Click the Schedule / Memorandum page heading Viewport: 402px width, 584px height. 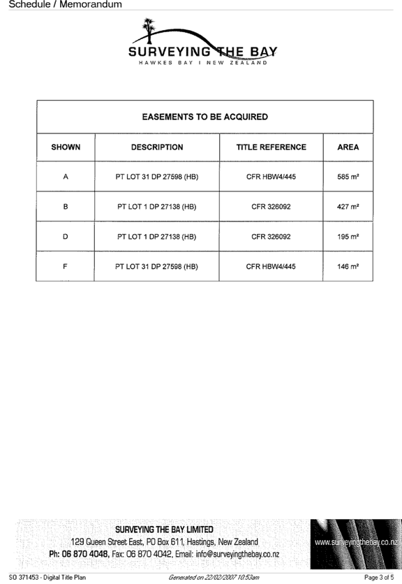coord(65,4)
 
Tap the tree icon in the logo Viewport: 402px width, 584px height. coord(149,30)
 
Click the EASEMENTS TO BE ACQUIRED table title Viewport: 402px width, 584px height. coord(204,117)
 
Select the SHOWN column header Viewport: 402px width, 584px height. coord(66,147)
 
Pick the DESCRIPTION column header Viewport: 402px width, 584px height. coord(157,147)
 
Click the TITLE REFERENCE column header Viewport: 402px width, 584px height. coord(271,147)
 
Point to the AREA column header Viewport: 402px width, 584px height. coord(348,147)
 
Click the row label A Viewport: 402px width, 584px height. coord(66,177)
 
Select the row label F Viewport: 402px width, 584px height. coord(65,266)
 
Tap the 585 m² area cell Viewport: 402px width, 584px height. coord(348,177)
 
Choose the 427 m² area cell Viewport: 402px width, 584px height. coord(348,206)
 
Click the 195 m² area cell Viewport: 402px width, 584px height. coord(348,237)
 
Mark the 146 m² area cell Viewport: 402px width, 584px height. coord(348,266)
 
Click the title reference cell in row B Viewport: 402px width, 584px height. coord(271,207)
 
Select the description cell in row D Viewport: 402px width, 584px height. coord(157,237)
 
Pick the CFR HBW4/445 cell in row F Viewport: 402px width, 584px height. coord(271,266)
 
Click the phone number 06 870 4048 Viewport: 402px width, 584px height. coord(85,554)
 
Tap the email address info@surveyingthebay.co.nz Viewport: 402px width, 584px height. coord(237,554)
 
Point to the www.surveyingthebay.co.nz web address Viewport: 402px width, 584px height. coord(357,542)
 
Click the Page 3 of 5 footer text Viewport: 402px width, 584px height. coord(379,578)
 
